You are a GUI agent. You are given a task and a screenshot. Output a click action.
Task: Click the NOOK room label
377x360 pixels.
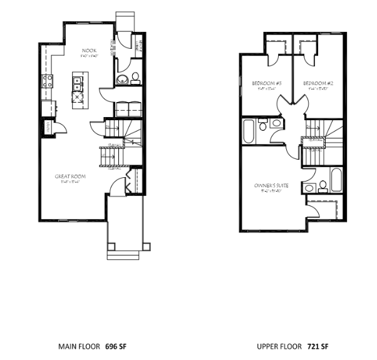pyautogui.click(x=89, y=51)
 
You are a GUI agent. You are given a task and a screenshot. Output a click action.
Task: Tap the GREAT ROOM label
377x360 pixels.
pyautogui.click(x=70, y=177)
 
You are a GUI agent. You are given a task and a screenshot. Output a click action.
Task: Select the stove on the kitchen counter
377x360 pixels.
pyautogui.click(x=46, y=80)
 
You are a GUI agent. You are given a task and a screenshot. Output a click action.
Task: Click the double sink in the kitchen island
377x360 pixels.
pyautogui.click(x=78, y=80)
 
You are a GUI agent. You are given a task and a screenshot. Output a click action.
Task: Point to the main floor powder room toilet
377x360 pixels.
pyautogui.click(x=135, y=78)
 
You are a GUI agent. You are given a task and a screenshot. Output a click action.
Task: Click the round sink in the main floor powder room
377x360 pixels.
pyautogui.click(x=123, y=78)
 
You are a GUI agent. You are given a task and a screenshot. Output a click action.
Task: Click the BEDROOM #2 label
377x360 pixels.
pyautogui.click(x=316, y=83)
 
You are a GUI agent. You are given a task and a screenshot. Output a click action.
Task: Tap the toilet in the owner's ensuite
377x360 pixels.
pyautogui.click(x=323, y=186)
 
